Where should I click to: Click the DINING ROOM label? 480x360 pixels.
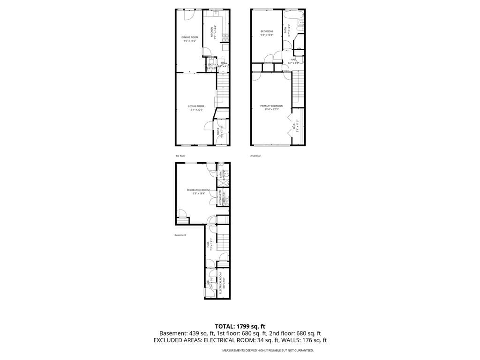(x=190, y=37)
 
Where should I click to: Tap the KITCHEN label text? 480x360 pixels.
(x=211, y=32)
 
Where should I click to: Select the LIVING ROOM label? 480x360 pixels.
(x=196, y=106)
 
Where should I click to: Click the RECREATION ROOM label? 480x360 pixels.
(x=198, y=190)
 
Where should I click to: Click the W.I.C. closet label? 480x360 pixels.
(x=293, y=126)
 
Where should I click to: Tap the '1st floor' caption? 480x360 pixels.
(x=180, y=156)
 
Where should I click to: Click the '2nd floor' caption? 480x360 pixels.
(x=255, y=156)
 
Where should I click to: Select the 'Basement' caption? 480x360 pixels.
(x=180, y=235)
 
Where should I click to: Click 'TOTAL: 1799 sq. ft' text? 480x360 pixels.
(x=240, y=326)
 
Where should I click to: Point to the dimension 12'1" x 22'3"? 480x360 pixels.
(x=196, y=110)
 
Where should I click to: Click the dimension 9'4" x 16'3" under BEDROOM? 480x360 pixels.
(x=267, y=35)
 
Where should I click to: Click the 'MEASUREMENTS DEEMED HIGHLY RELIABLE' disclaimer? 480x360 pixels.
(x=268, y=350)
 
